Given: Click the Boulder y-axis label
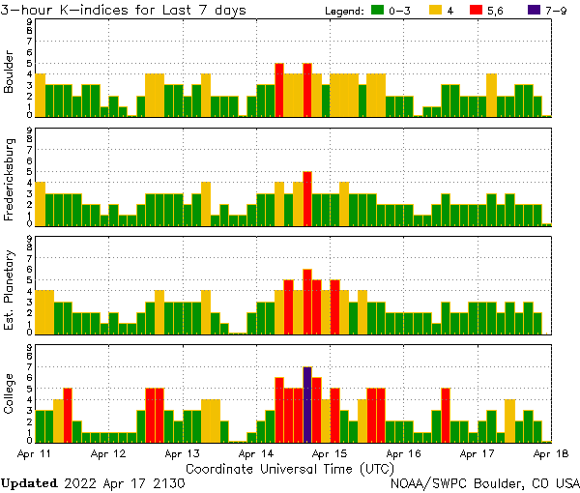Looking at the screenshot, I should [x=10, y=73].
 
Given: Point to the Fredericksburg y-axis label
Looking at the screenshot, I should [x=10, y=181].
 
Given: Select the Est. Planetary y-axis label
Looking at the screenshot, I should [x=10, y=289].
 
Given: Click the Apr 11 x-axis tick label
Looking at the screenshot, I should [x=34, y=452].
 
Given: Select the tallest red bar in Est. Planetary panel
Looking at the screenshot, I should [x=306, y=301].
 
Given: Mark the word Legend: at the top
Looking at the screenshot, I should [x=344, y=11].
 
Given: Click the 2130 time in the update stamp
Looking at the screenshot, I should [x=167, y=481].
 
